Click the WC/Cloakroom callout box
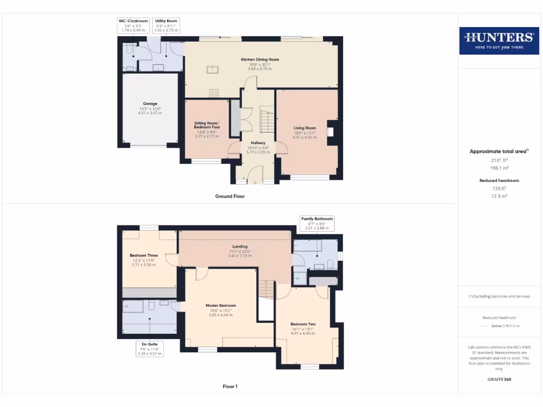point(133,25)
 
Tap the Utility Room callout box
point(167,25)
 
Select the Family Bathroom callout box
point(317,223)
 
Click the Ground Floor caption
point(230,196)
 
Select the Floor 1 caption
point(230,386)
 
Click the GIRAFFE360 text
point(500,379)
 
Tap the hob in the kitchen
point(214,93)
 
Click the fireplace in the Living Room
point(330,131)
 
